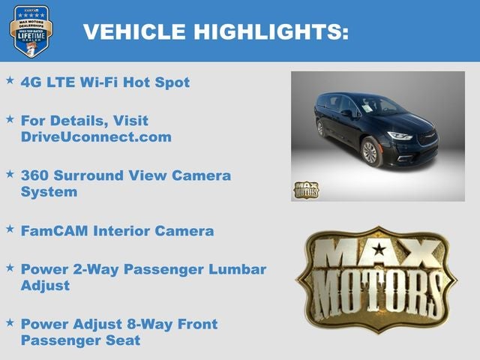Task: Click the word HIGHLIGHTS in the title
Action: tap(272, 31)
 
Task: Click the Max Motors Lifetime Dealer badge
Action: tap(31, 31)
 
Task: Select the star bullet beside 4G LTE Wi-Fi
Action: tap(10, 79)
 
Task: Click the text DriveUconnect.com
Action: tap(96, 137)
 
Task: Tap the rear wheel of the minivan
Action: tap(321, 128)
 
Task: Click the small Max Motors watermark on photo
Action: tap(305, 190)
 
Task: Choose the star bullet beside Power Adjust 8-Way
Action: tap(10, 322)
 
